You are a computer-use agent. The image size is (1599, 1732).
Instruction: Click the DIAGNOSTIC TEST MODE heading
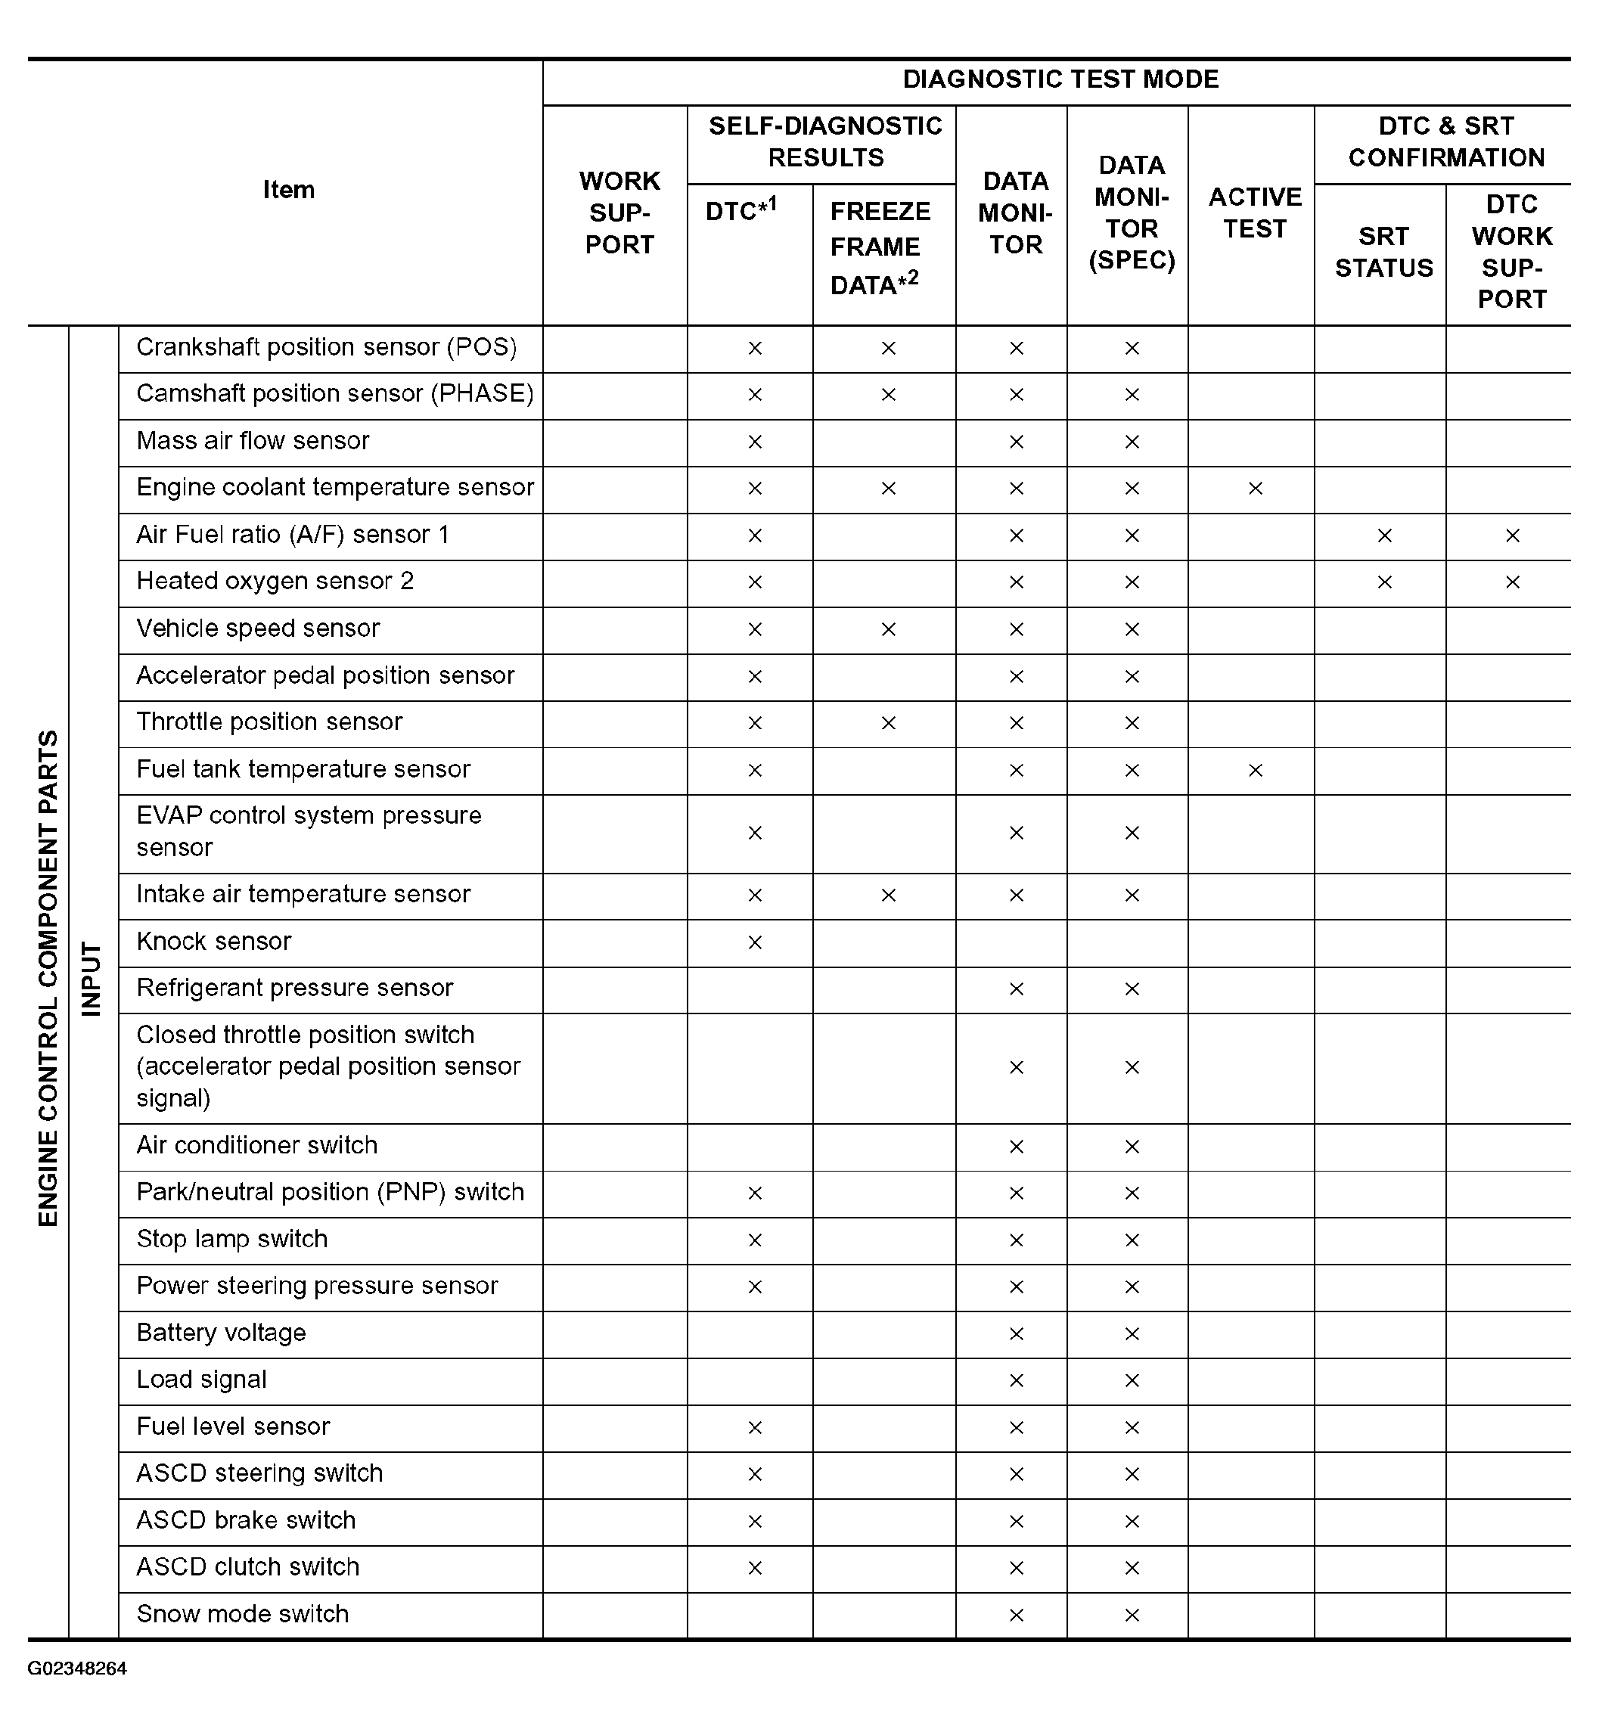tap(1060, 79)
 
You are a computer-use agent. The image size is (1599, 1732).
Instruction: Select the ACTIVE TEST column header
tap(1255, 213)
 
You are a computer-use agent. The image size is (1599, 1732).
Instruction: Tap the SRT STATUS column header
tap(1383, 252)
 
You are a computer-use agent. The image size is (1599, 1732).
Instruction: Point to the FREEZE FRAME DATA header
tap(880, 248)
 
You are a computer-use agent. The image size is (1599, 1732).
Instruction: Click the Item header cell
tap(288, 190)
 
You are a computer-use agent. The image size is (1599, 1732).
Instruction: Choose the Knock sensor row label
tap(214, 942)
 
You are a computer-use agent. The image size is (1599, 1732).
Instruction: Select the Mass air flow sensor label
tap(253, 441)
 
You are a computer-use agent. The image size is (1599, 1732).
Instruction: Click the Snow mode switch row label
tap(242, 1614)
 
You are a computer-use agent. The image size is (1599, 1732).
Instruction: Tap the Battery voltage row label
tap(222, 1333)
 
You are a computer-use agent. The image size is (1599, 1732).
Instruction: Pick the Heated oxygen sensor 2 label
tap(275, 582)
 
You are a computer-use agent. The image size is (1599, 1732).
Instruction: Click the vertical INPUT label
tap(92, 979)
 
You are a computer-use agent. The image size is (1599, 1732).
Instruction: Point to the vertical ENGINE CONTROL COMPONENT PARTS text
tap(48, 979)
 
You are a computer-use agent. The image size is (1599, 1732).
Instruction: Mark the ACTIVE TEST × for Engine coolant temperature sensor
tap(1255, 489)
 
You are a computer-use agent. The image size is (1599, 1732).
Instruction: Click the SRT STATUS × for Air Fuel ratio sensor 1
tap(1383, 535)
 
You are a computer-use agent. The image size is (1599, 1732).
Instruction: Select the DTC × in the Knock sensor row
tap(755, 942)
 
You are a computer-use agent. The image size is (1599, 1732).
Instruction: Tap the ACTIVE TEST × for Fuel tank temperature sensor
tap(1255, 770)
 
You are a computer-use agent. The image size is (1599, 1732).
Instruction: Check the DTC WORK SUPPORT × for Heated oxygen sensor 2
tap(1511, 582)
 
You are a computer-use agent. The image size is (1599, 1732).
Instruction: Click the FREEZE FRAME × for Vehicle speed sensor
tap(888, 629)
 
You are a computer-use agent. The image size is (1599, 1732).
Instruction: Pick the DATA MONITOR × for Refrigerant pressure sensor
tap(1016, 989)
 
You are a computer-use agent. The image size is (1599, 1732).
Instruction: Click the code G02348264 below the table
tap(77, 1668)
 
